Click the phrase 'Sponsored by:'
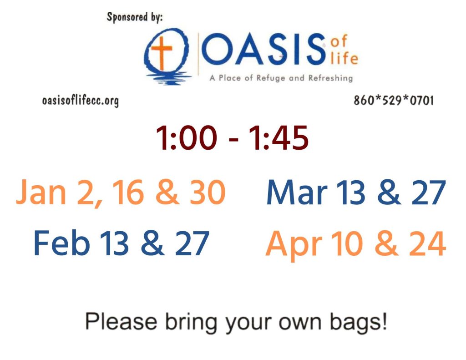134,18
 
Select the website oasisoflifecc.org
80,100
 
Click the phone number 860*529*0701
393,100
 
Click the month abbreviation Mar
296,193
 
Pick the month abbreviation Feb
61,244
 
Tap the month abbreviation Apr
292,244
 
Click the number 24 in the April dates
426,244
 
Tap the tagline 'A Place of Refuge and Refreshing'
281,78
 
